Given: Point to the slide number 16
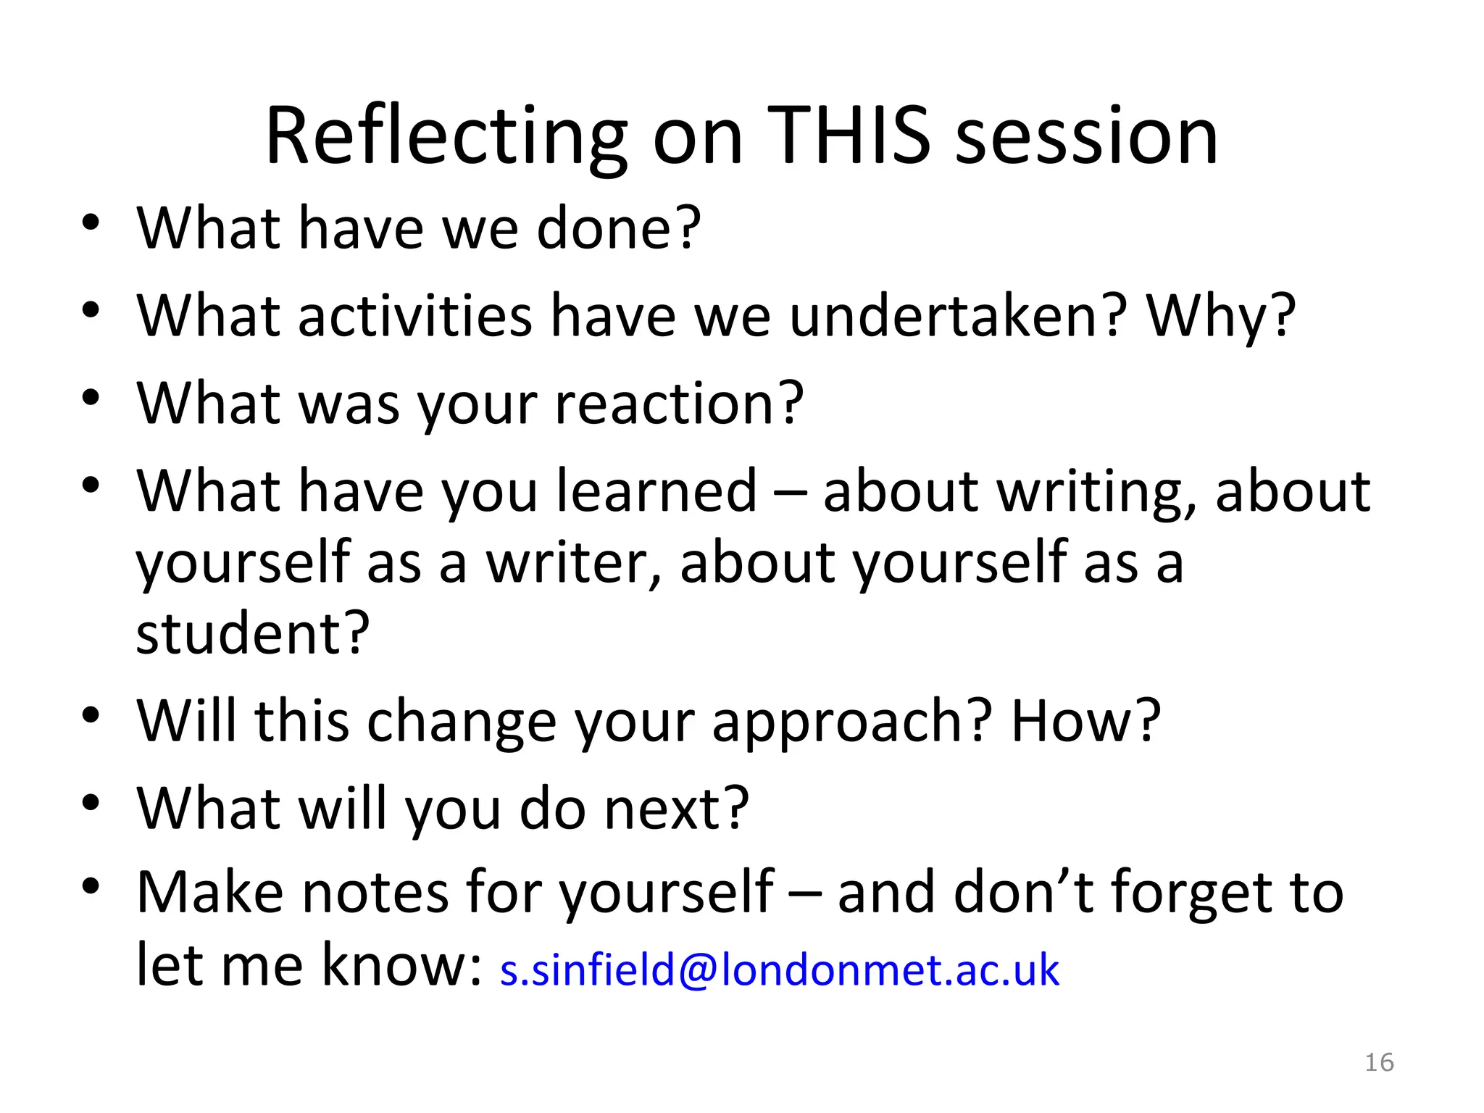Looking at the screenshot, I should click(x=1379, y=1062).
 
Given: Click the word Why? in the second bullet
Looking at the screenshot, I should click(x=1220, y=316).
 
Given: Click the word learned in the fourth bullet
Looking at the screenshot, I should click(x=656, y=491).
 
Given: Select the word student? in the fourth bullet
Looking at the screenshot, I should click(x=253, y=633).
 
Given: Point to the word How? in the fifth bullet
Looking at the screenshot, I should click(x=1085, y=721).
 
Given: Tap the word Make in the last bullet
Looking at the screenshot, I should click(x=209, y=892).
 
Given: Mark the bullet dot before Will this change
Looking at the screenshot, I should click(x=90, y=714).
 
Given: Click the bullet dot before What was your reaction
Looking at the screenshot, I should click(x=90, y=398).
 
